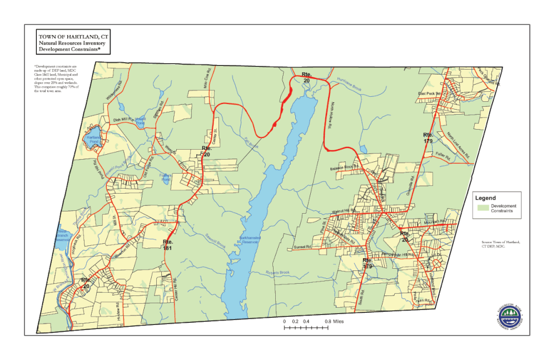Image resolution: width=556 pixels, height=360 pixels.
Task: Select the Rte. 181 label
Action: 168,245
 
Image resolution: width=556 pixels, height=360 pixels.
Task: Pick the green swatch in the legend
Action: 483,208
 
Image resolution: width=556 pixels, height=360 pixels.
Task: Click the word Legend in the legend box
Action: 486,198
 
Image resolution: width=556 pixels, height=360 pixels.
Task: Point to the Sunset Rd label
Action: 301,246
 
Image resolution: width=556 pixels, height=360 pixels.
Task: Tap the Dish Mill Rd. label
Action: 123,120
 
